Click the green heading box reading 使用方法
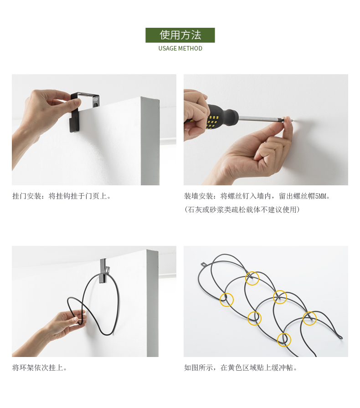(180, 35)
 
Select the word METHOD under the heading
(190, 48)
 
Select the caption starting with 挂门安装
(62, 196)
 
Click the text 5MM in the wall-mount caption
(321, 196)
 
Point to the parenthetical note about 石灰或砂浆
(242, 209)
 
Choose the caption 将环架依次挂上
(39, 367)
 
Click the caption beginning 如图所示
(241, 367)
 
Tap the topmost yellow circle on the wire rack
(252, 278)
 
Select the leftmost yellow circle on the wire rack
(226, 300)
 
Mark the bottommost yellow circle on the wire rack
(284, 340)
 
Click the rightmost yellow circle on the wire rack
(309, 318)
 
